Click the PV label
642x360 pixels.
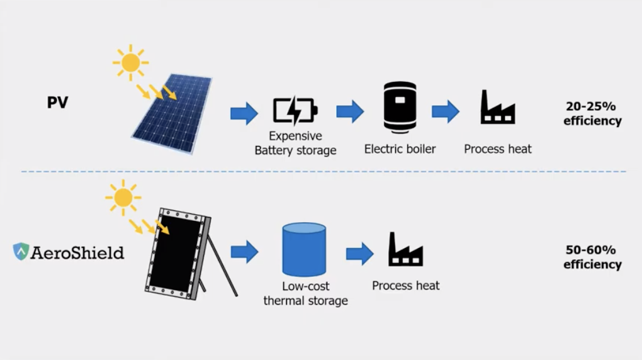pos(57,103)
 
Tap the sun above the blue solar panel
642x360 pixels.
pos(131,62)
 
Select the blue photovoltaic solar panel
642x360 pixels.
pos(172,114)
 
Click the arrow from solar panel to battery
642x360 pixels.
pos(244,113)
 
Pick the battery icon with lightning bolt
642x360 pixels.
pos(295,111)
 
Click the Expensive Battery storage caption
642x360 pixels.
pos(295,143)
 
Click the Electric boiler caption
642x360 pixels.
pos(400,149)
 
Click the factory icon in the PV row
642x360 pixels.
pos(497,108)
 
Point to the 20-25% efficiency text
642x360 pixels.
pos(592,113)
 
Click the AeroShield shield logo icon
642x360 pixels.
pos(21,252)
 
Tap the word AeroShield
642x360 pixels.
pos(77,252)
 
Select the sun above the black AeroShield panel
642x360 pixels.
pos(123,198)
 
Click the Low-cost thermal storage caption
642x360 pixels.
pos(306,293)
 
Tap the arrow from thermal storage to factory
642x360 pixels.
pos(359,254)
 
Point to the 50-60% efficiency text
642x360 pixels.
pos(592,257)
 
